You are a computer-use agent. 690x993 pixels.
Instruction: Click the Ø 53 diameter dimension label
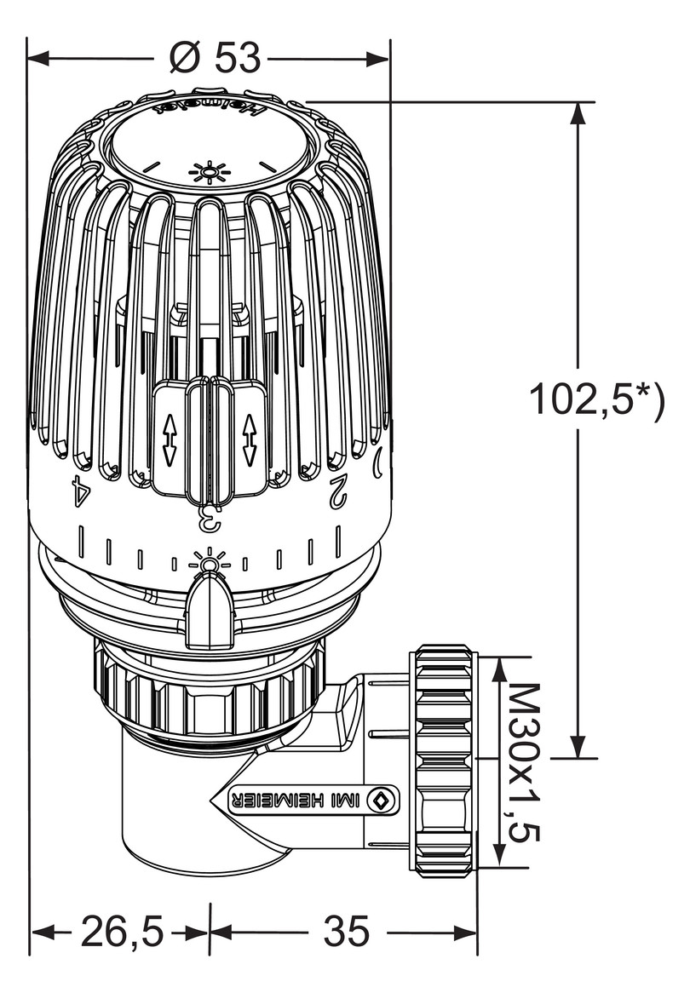214,58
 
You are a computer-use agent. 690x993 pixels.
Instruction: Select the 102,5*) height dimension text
595,399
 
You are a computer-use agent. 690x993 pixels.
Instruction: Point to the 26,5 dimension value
122,932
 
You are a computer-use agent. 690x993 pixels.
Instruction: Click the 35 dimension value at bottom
346,932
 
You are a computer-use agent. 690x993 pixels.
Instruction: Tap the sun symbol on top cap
209,173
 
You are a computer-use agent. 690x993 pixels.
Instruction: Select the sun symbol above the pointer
209,562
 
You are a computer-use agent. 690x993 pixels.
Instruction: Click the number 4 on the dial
80,491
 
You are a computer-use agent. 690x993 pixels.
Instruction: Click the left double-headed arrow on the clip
169,440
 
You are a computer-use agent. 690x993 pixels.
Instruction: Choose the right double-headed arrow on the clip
249,440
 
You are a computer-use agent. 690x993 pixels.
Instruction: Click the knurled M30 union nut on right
442,761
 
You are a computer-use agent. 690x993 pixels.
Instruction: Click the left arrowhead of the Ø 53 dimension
39,59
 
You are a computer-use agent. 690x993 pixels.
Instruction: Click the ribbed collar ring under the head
209,694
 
